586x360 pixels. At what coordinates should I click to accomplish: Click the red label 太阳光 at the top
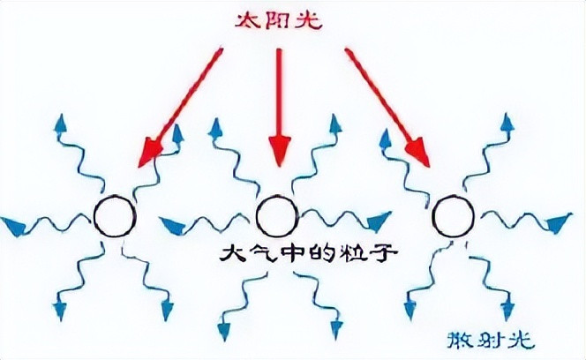tap(279, 19)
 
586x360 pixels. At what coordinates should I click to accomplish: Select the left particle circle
tap(116, 216)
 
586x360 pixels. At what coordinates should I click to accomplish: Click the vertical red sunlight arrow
tap(279, 106)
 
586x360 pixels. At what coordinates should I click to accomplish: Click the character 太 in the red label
tap(250, 19)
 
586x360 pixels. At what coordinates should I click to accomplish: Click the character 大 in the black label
tap(232, 254)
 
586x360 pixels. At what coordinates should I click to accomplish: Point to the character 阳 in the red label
tap(279, 19)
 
